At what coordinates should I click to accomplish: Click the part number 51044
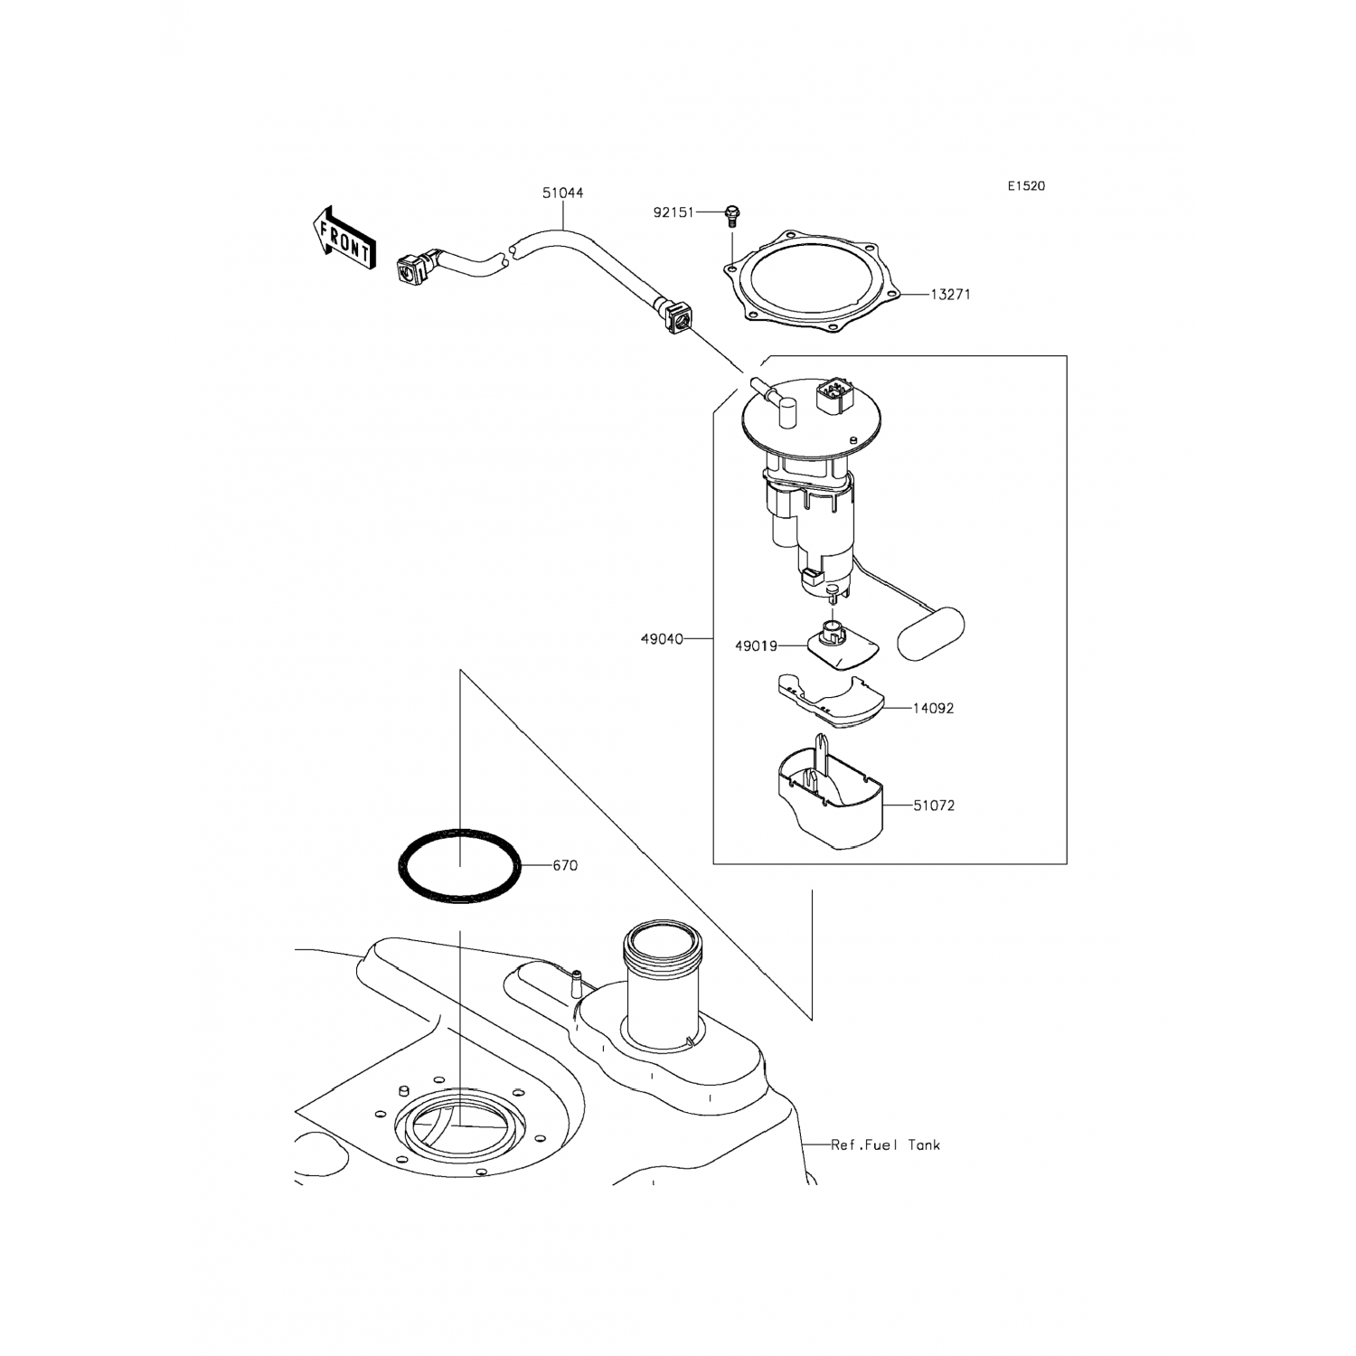(x=562, y=193)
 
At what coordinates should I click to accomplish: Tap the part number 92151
(x=673, y=212)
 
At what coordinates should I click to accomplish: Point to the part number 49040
(x=662, y=639)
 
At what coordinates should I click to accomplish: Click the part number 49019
(x=756, y=646)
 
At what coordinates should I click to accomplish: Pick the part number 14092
(x=933, y=709)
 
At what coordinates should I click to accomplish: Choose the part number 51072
(x=934, y=805)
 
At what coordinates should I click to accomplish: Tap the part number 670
(x=565, y=866)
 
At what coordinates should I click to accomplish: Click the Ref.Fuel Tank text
(x=886, y=1144)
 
